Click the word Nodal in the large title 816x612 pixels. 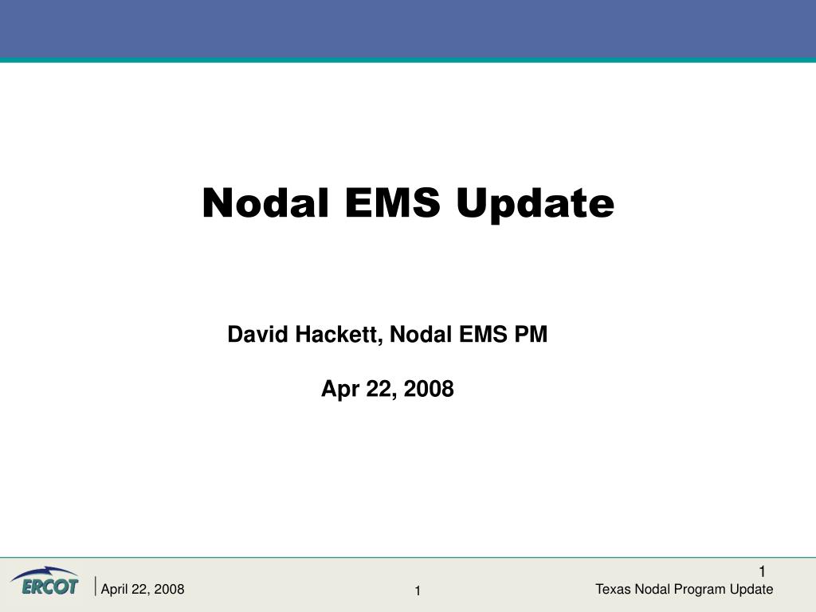coord(265,202)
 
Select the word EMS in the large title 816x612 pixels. coord(392,202)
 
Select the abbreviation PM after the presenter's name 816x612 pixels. coord(531,334)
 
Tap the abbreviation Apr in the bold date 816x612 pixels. coord(340,390)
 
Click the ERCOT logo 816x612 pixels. coord(45,581)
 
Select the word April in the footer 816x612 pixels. coord(114,590)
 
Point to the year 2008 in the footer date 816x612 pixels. coord(169,589)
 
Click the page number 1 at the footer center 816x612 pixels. coord(418,590)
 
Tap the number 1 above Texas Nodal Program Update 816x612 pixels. coord(762,572)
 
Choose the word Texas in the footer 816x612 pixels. coord(613,589)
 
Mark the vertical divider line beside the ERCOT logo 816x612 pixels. coord(96,586)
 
